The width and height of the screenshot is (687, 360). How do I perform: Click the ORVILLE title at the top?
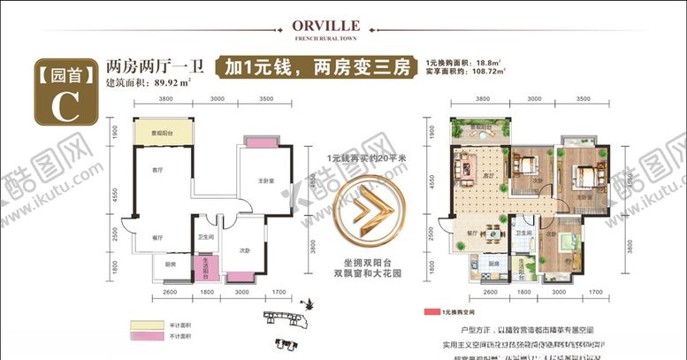coord(343,26)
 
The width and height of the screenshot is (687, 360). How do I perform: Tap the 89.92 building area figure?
coord(173,82)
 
